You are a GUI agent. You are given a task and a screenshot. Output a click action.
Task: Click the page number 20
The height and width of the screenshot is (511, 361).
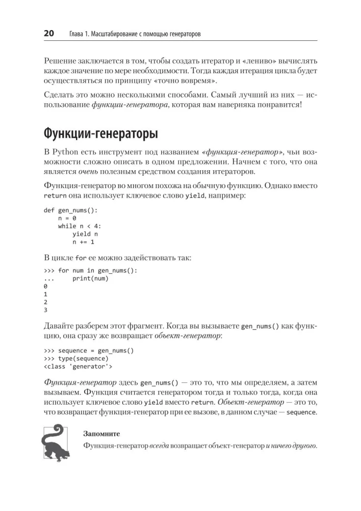pyautogui.click(x=49, y=34)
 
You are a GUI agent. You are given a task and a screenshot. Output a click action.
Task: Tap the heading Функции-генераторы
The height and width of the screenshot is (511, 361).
pyautogui.click(x=100, y=134)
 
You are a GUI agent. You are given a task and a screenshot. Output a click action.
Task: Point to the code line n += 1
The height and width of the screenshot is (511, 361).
pyautogui.click(x=83, y=242)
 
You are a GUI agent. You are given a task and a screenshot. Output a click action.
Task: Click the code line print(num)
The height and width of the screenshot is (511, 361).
pyautogui.click(x=91, y=278)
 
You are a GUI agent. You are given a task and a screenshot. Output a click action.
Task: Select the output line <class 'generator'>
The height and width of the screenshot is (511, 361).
pyautogui.click(x=79, y=366)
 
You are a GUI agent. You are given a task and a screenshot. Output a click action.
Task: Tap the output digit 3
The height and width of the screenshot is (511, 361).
pyautogui.click(x=46, y=310)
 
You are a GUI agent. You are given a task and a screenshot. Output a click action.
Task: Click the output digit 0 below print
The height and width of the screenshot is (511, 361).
pyautogui.click(x=46, y=287)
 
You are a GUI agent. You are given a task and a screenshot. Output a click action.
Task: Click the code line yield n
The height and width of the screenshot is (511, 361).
pyautogui.click(x=85, y=234)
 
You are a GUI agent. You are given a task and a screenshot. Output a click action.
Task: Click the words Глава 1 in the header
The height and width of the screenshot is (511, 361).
pyautogui.click(x=82, y=34)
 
